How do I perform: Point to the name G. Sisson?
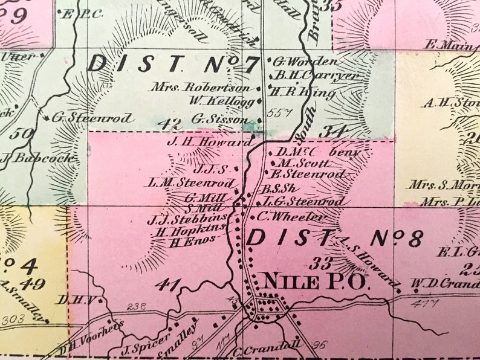[x=219, y=119]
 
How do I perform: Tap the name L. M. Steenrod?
[x=191, y=182]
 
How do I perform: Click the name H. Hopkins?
[x=190, y=231]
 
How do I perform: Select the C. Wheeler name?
[x=291, y=216]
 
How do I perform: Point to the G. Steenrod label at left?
[x=92, y=118]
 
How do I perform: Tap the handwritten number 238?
[x=137, y=306]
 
